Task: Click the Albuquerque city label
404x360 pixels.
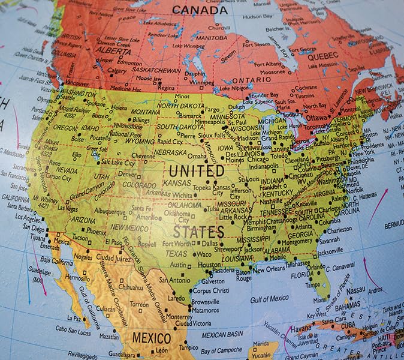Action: [109, 212]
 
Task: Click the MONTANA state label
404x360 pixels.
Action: [145, 112]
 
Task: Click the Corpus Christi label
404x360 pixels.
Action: [210, 291]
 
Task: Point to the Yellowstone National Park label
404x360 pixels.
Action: [126, 130]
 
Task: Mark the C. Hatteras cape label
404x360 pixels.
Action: [363, 197]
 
